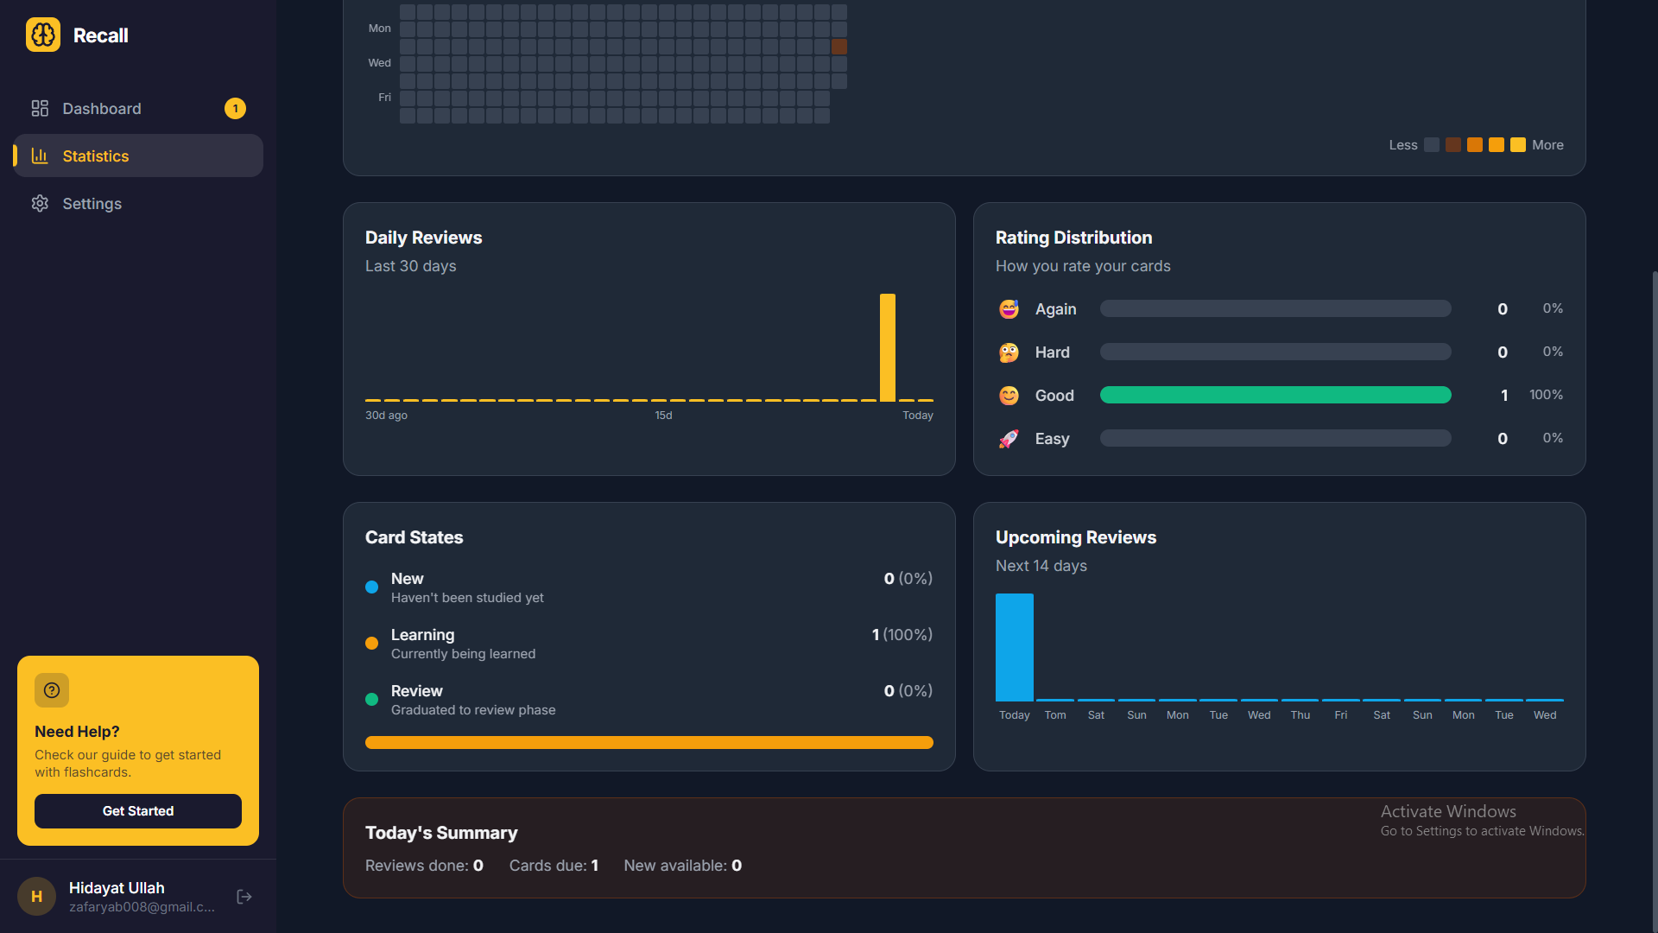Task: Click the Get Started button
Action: point(138,811)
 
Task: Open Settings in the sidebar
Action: point(92,204)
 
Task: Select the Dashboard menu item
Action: point(101,109)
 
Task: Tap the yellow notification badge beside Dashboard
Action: point(235,109)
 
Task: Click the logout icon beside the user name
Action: point(244,897)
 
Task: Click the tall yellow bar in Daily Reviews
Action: point(887,347)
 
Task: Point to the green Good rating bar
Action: point(1275,395)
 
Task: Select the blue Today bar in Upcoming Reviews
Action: point(1014,647)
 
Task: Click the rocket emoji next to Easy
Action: point(1009,439)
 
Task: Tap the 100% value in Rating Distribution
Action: point(1546,395)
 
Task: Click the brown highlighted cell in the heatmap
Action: point(839,47)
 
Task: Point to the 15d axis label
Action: point(663,416)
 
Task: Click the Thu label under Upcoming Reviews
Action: point(1300,715)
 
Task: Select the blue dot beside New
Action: point(372,587)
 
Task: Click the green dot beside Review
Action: point(372,700)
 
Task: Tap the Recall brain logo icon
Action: point(43,35)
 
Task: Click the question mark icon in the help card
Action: point(52,690)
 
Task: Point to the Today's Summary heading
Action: point(441,833)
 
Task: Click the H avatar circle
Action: point(36,897)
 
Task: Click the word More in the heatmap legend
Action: point(1547,145)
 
